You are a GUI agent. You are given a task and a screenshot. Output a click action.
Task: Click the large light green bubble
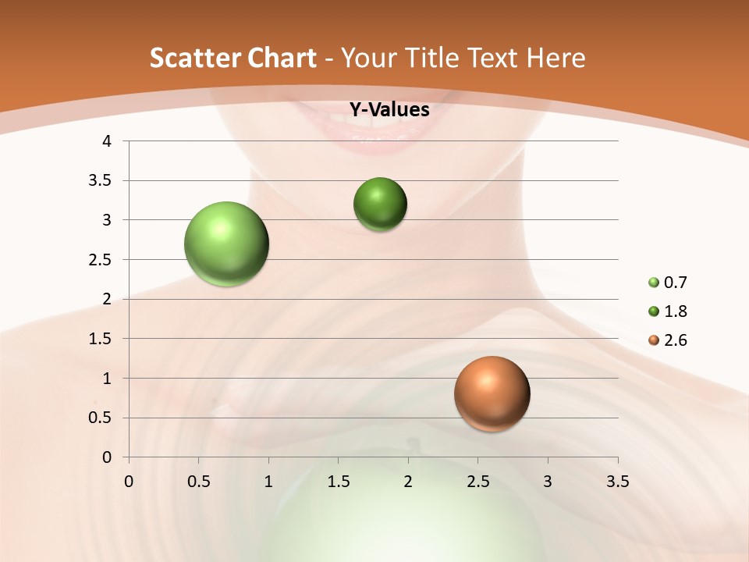(227, 244)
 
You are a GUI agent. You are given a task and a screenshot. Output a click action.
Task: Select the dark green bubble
(380, 205)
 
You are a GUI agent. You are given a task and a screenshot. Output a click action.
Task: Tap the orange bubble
(492, 393)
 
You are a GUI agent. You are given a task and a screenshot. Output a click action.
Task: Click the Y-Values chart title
(389, 110)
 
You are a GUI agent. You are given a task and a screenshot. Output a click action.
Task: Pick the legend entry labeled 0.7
(669, 283)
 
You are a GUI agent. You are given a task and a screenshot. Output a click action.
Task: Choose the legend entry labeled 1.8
(669, 311)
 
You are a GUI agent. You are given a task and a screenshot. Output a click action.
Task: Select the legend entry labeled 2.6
(669, 340)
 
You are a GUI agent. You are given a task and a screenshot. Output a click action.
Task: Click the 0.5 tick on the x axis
(198, 482)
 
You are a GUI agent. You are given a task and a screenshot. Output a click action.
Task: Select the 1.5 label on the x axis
(338, 482)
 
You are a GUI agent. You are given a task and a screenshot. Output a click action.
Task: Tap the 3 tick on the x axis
(548, 482)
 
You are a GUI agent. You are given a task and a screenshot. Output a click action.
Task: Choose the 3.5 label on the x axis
(617, 482)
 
